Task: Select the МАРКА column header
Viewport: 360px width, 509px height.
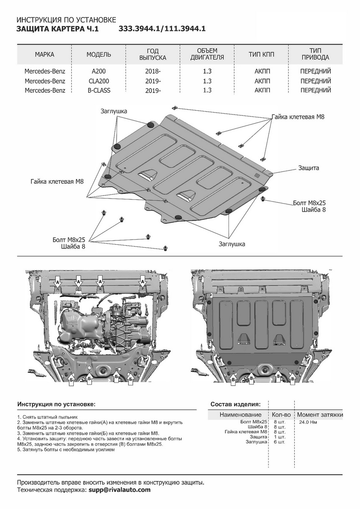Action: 45,54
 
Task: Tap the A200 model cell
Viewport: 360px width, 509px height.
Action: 99,71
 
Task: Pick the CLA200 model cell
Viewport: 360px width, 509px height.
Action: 99,81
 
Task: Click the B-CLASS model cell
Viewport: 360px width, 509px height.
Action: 99,90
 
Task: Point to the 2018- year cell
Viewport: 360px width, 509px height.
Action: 153,71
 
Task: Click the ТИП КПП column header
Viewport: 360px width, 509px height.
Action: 261,54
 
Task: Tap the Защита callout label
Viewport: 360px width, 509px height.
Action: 308,168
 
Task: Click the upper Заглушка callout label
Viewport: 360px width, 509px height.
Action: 114,111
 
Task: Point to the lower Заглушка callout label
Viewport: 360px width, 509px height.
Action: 232,244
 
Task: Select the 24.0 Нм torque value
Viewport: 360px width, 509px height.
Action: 308,422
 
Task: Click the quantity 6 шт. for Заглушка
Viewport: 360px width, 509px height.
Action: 279,442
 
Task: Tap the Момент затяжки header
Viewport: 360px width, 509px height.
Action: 320,414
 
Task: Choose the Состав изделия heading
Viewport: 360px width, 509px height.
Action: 235,404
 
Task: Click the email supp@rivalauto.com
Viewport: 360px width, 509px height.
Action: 120,490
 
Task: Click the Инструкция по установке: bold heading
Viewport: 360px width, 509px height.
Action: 56,405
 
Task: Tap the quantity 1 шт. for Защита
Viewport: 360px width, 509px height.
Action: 279,437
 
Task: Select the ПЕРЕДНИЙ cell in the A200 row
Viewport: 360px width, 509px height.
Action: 315,71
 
